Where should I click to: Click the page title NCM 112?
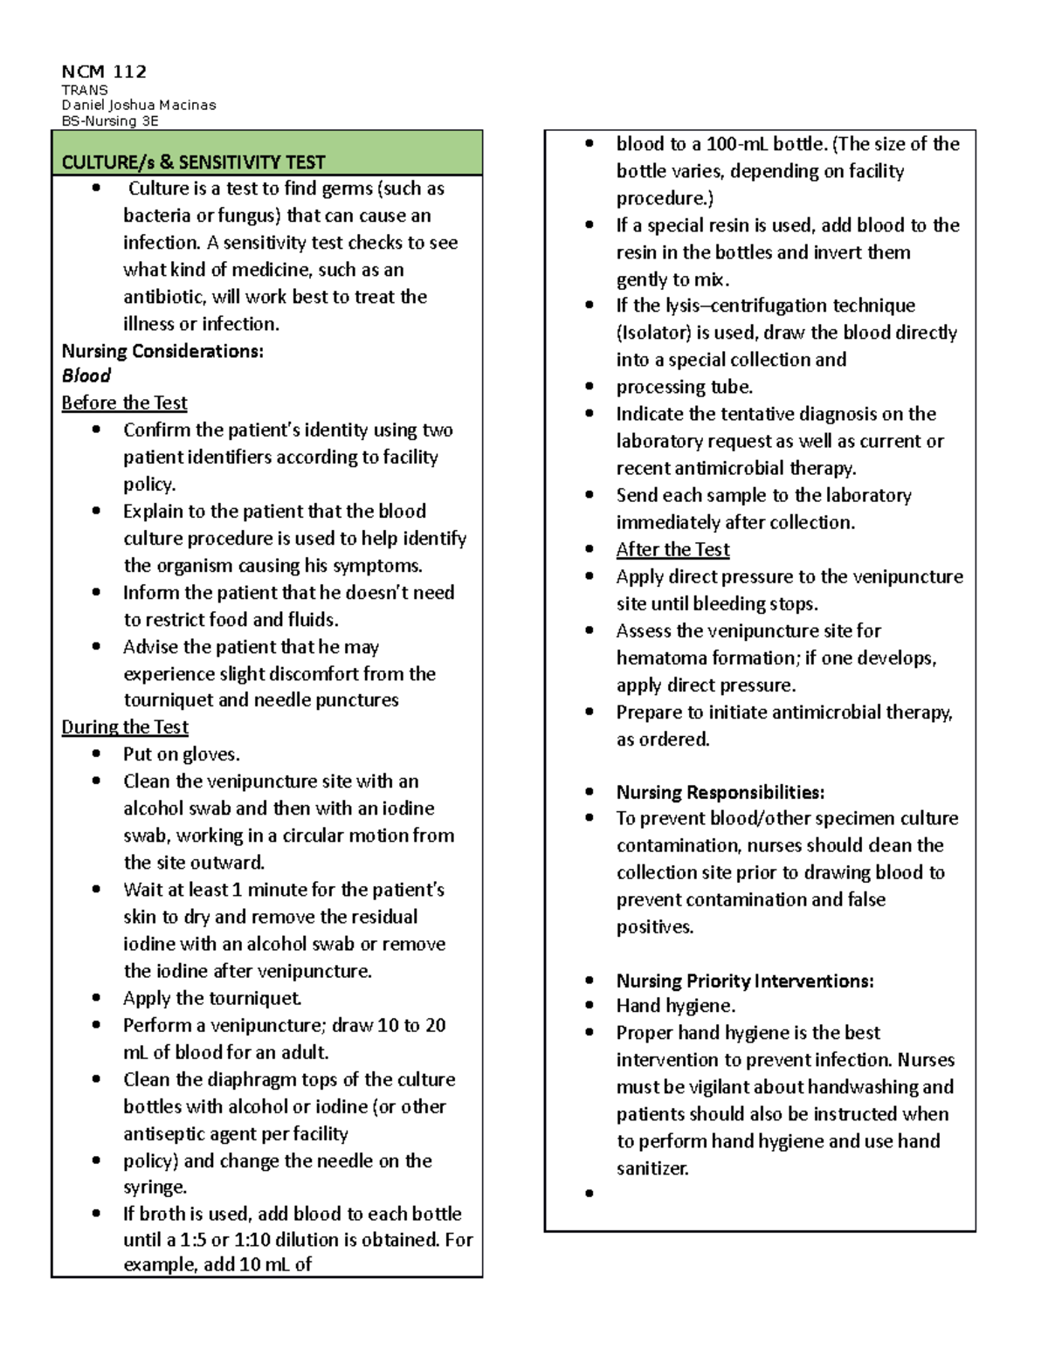(x=104, y=72)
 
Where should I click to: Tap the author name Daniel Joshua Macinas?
(x=138, y=105)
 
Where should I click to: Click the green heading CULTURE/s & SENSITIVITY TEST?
(x=193, y=162)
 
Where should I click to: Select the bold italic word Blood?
(x=86, y=376)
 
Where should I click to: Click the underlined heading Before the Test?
(x=124, y=403)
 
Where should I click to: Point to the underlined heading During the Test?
(x=125, y=727)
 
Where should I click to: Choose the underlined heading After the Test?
(x=672, y=550)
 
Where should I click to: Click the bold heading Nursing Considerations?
(x=162, y=351)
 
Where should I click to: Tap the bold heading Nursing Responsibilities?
(x=720, y=793)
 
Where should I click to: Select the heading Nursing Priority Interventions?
(x=744, y=981)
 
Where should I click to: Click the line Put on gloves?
(x=181, y=754)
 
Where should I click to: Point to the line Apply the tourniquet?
(x=212, y=998)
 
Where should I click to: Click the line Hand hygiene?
(x=675, y=1007)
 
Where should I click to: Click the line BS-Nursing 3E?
(x=110, y=121)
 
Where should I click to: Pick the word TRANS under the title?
(x=85, y=90)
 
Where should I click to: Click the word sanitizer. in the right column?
(x=652, y=1168)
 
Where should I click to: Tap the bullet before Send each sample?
(x=589, y=495)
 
